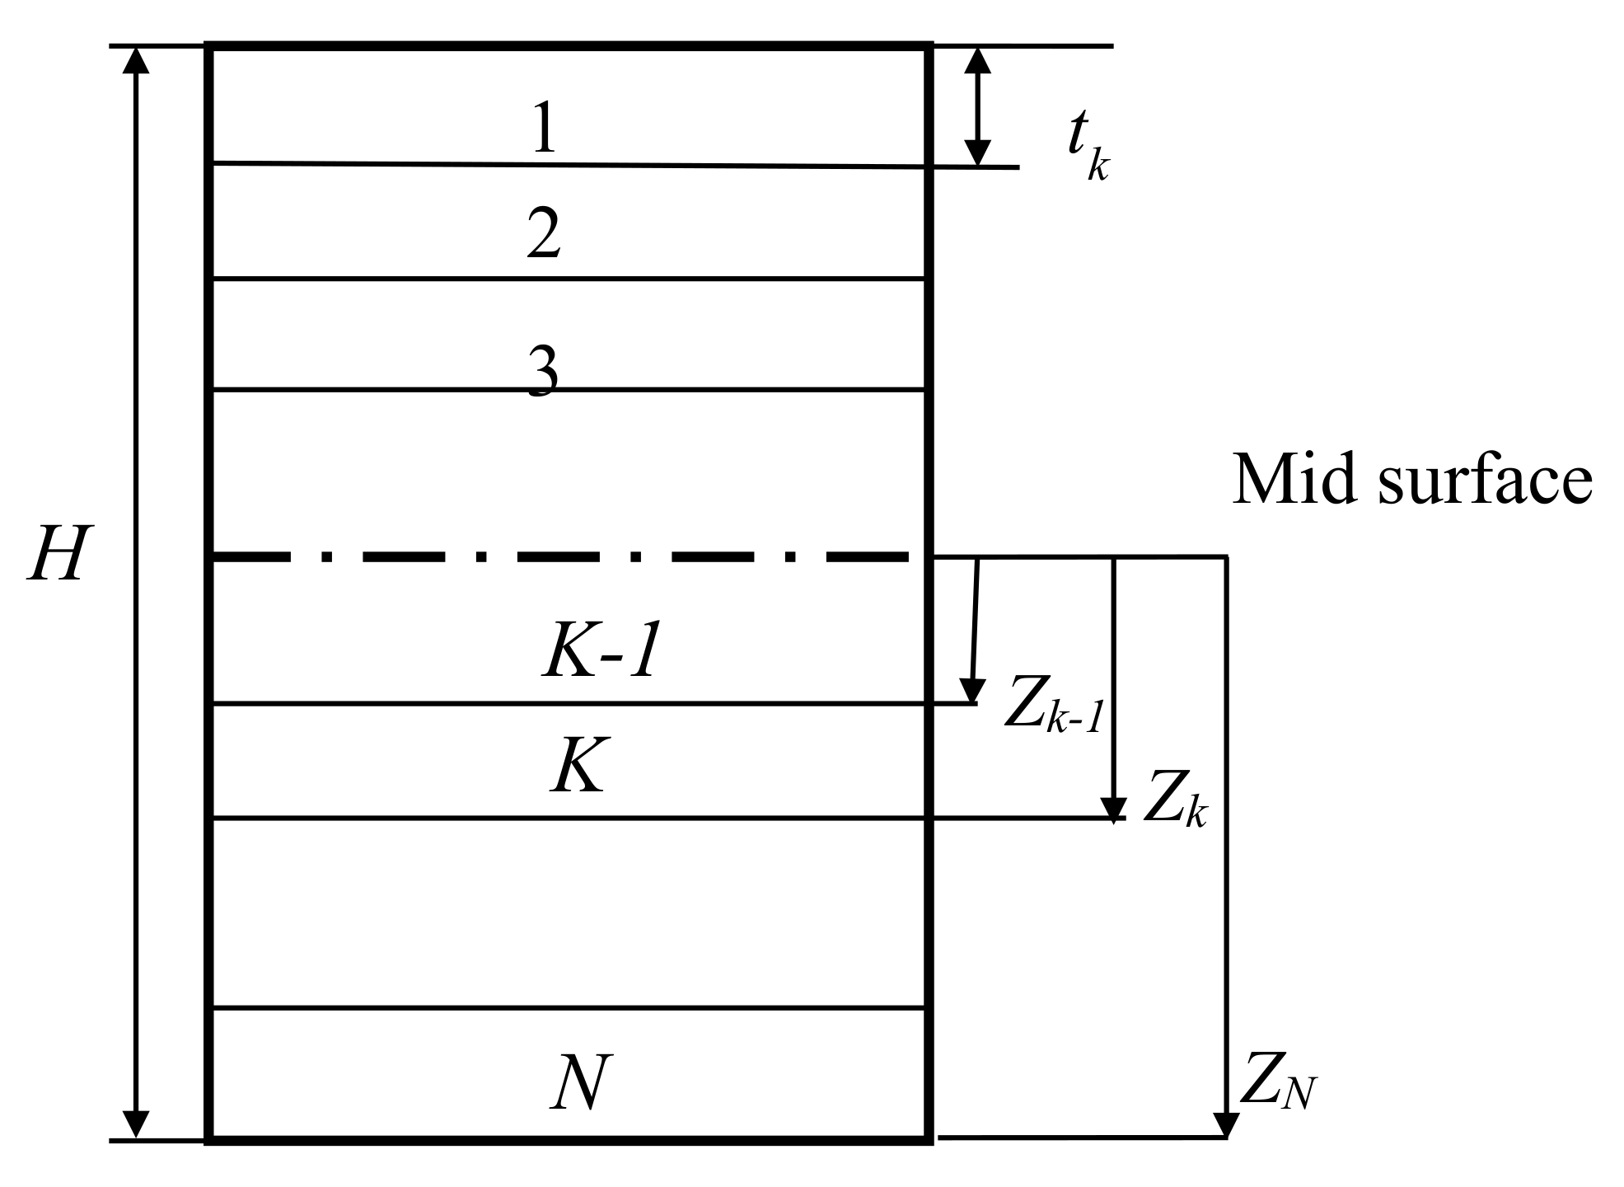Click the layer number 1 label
coord(544,129)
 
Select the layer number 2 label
coord(544,235)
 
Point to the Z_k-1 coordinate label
coord(1053,706)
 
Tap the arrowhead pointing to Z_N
coord(1226,1123)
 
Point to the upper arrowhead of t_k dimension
coord(977,61)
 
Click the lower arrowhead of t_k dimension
coord(977,153)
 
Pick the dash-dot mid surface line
coord(560,557)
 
